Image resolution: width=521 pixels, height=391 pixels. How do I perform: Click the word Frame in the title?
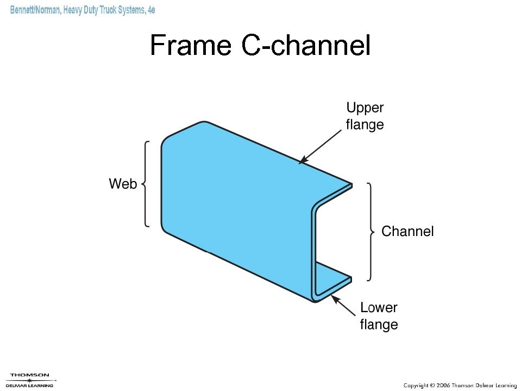pos(190,45)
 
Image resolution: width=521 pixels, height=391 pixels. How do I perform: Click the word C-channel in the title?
pos(306,45)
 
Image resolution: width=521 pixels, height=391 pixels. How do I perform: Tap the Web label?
pos(123,184)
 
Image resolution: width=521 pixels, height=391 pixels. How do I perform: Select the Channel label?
pos(407,232)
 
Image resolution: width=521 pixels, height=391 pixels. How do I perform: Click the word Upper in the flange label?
pos(365,108)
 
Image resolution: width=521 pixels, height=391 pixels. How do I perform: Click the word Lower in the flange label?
pos(379,308)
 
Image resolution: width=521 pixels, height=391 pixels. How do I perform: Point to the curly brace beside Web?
pos(146,184)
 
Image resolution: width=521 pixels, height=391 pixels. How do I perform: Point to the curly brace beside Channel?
pos(371,232)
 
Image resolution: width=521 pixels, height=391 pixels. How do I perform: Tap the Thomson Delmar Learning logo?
pos(30,380)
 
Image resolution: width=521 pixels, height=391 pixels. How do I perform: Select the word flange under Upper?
pos(365,125)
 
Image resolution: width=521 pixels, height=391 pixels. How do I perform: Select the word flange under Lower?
pos(379,325)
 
